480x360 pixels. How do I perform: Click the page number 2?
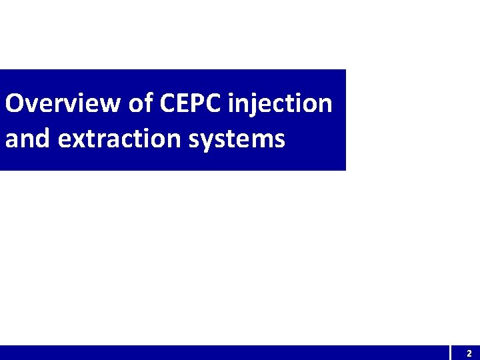coord(469,353)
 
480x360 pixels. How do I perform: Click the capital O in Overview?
coord(15,103)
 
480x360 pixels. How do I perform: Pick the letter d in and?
coord(43,138)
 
